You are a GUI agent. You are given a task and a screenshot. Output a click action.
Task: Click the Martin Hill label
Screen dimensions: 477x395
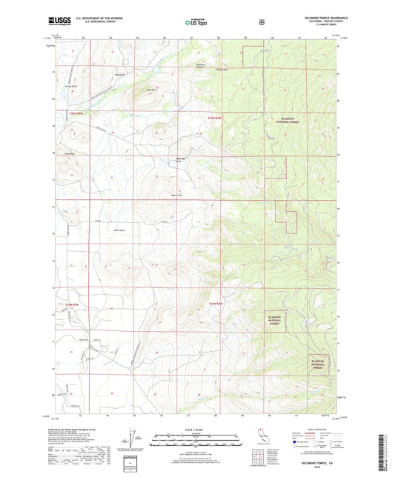[x=176, y=194]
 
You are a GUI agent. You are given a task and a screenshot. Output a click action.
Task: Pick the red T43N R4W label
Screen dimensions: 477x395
[x=214, y=118]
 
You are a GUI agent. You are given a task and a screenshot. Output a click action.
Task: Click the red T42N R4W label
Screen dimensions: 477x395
[x=215, y=304]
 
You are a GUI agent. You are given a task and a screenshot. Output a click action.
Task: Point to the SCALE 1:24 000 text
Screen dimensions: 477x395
[x=197, y=433]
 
